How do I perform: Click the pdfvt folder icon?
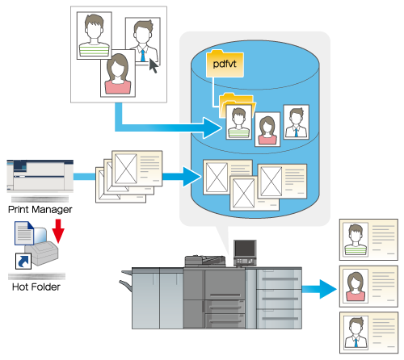(x=225, y=64)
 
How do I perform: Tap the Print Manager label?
(x=40, y=209)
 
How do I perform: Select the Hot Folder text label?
(x=36, y=287)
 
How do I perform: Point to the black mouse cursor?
(x=154, y=65)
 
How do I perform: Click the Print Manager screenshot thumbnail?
(x=40, y=176)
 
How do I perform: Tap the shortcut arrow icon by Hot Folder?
(x=23, y=261)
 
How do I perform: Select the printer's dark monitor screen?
(x=245, y=249)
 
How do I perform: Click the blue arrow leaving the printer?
(x=319, y=289)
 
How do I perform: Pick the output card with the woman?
(x=368, y=287)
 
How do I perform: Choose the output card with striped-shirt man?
(x=368, y=240)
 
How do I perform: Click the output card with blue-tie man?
(x=368, y=333)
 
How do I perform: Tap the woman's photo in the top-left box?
(x=118, y=73)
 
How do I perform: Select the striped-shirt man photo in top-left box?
(x=94, y=36)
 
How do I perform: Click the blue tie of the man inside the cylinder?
(x=297, y=132)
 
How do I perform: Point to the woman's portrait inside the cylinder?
(x=267, y=129)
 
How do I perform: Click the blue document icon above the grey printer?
(x=24, y=233)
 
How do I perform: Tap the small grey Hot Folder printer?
(x=42, y=253)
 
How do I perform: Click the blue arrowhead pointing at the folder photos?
(x=213, y=128)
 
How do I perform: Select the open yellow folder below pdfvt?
(x=237, y=105)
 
